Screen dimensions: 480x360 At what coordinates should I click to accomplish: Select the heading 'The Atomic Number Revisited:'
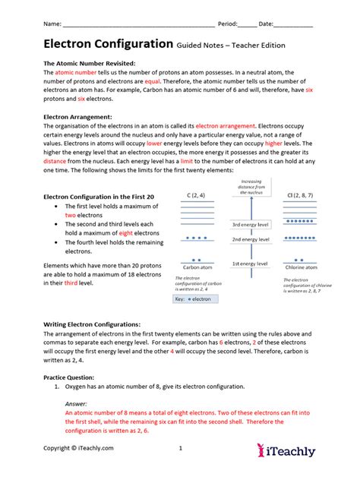coord(90,63)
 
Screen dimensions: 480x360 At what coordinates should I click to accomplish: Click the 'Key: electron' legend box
coord(193,298)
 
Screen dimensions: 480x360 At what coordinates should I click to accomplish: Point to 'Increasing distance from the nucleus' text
coord(251,188)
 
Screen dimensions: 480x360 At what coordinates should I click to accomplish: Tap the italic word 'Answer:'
coord(76,403)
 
